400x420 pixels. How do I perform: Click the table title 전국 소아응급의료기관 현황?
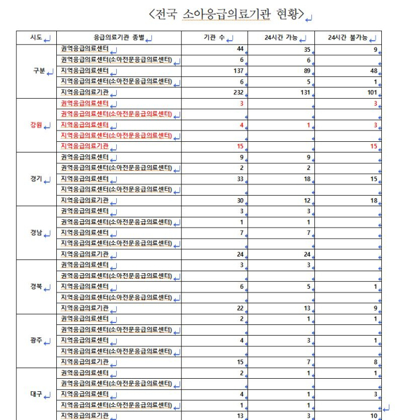click(x=226, y=14)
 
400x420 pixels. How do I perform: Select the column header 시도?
click(x=36, y=37)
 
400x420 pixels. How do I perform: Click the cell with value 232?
click(x=238, y=92)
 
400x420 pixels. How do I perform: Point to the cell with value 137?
click(x=238, y=71)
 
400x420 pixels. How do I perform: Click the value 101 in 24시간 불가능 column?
click(x=372, y=92)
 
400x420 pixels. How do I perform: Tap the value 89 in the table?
click(x=306, y=71)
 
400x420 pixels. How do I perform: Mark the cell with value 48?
click(x=374, y=71)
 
